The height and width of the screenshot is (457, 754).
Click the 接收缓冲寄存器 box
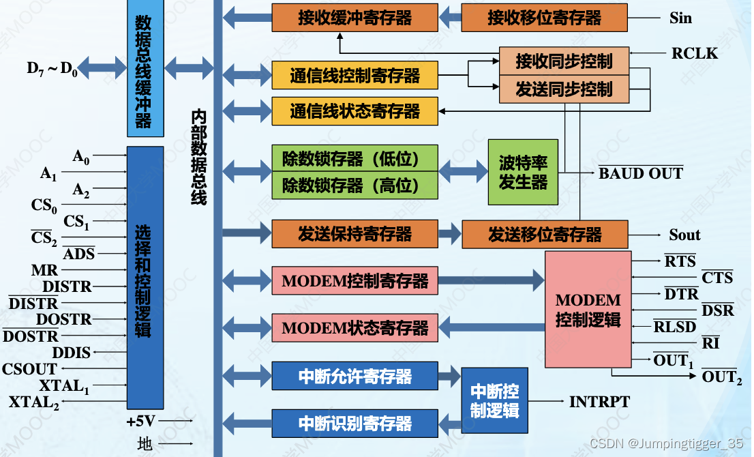[355, 18]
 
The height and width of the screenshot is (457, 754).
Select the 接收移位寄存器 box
[544, 18]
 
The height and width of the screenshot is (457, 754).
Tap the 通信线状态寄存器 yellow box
[355, 111]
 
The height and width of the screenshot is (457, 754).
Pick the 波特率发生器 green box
[523, 173]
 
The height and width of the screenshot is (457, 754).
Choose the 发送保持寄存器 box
[355, 235]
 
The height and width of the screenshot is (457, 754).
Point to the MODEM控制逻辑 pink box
[588, 310]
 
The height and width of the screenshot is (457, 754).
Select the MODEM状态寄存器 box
[355, 328]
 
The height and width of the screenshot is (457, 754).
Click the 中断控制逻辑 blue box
[494, 400]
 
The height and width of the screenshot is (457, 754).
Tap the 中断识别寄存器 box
[355, 423]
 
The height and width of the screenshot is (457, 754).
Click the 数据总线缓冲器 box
[145, 68]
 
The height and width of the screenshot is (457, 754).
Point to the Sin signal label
[680, 18]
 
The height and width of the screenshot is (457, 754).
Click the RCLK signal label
[694, 53]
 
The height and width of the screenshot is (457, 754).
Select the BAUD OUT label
[641, 173]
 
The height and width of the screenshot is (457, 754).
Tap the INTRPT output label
[599, 401]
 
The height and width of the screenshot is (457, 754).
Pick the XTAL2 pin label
[34, 402]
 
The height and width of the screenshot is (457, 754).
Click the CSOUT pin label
[29, 370]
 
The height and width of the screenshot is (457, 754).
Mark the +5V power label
[141, 421]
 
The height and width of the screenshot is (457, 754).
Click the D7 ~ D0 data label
[52, 68]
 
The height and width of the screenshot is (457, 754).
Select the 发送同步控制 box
[564, 89]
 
